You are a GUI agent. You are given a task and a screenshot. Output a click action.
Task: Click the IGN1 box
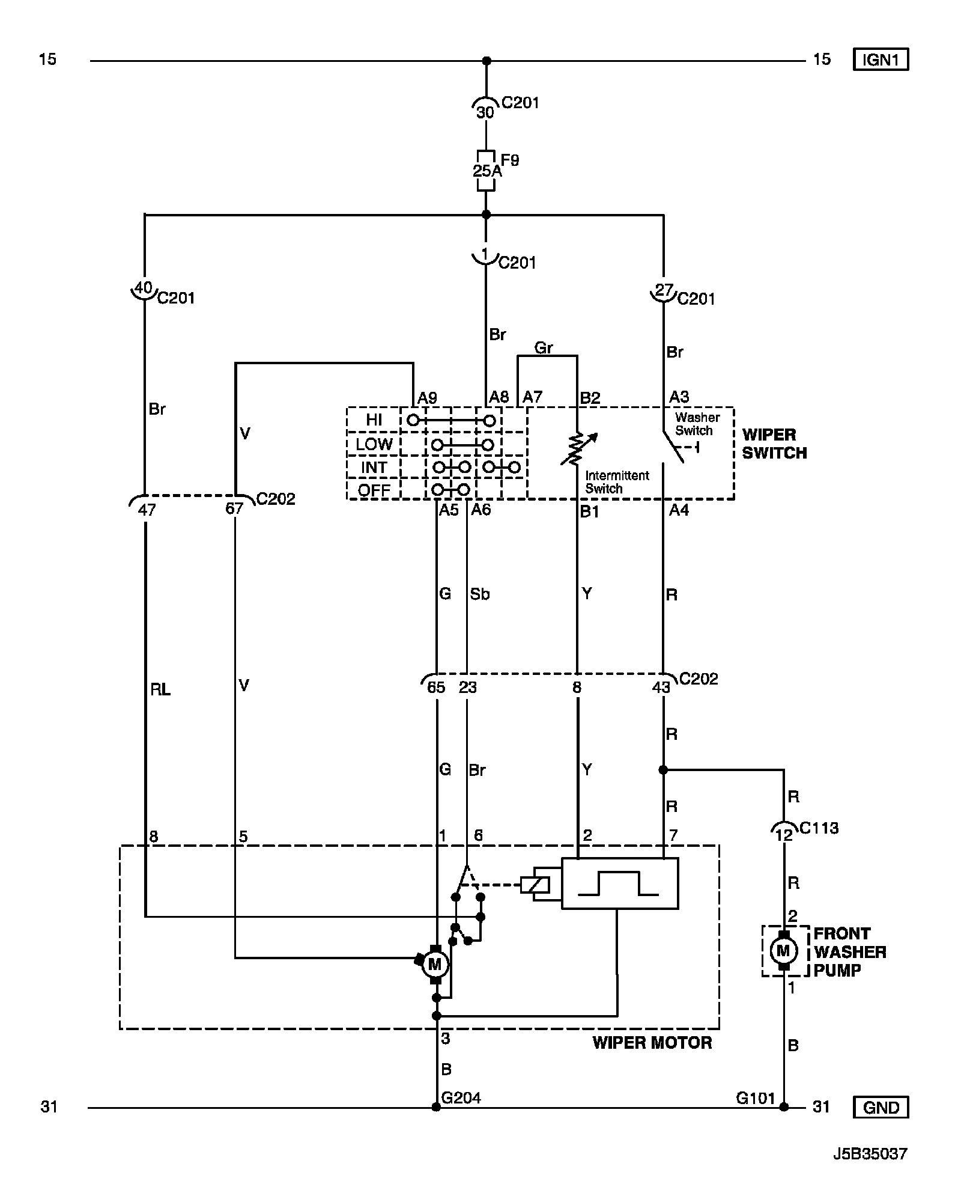pos(881,59)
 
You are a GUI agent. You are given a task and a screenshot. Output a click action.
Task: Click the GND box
pos(881,1107)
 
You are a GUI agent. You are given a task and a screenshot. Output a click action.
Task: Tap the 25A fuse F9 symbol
pos(486,171)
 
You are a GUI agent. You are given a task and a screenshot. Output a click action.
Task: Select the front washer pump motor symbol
pos(783,951)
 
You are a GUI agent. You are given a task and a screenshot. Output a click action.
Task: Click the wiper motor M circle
pos(435,965)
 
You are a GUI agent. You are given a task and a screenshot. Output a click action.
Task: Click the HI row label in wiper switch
pos(374,420)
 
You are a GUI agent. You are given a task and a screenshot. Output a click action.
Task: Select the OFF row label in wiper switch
pos(374,490)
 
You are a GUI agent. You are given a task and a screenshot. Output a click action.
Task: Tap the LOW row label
pos(374,444)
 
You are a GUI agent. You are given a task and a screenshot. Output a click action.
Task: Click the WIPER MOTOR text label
pos(652,1043)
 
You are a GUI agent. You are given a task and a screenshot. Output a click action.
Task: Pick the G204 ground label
pos(461,1098)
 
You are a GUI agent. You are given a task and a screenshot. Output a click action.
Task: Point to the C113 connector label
pos(819,828)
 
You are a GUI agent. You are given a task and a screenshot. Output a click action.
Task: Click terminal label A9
pos(427,398)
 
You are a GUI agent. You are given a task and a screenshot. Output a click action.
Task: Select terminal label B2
pos(590,398)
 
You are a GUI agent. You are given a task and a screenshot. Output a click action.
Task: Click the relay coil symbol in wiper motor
pos(535,884)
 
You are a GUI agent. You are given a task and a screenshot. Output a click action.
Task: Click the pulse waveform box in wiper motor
pos(619,883)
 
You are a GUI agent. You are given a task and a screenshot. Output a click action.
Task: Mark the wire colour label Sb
pos(479,594)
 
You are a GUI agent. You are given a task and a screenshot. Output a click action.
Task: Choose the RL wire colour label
pos(160,689)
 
